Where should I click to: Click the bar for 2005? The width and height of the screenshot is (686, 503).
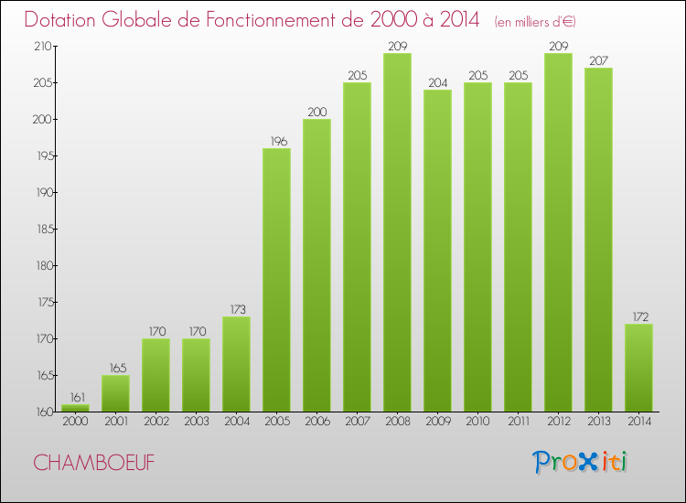point(276,279)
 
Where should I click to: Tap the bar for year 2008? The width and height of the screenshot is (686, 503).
point(397,232)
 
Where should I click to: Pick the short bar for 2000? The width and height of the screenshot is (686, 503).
point(75,408)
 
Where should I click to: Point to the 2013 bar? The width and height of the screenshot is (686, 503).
point(598,240)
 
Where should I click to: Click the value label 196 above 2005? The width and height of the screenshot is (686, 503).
point(276,141)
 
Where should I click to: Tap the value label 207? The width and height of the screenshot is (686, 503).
point(598,60)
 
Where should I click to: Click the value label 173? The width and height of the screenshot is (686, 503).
point(236,309)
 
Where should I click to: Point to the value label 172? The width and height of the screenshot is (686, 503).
point(638,316)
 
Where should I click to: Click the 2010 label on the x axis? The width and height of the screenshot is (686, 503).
point(477,423)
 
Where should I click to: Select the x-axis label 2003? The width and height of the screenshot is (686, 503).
point(196,423)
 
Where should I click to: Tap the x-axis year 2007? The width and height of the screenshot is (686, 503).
point(357,423)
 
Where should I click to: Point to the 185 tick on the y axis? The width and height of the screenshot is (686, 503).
point(43,229)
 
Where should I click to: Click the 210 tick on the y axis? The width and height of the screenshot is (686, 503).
point(43,46)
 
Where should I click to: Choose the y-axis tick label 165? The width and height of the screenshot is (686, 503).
point(43,375)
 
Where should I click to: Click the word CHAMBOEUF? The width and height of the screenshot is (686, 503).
point(93,463)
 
